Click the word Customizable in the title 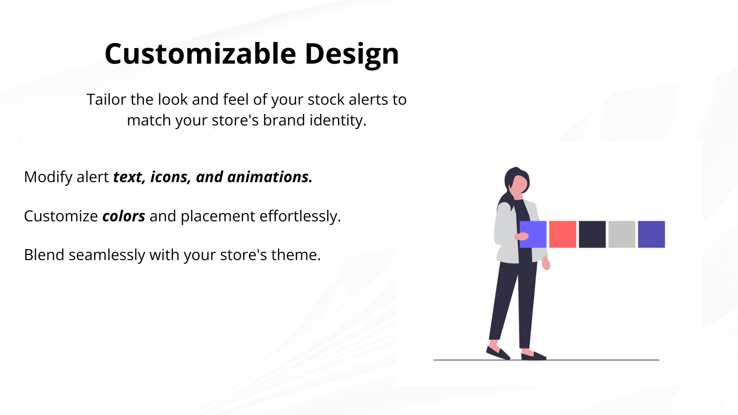pos(200,53)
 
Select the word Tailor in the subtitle pos(107,99)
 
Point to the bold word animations pos(270,177)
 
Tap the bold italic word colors pos(124,216)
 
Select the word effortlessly pos(300,216)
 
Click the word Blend pos(44,255)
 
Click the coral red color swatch pos(562,234)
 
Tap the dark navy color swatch pos(592,234)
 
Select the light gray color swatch pos(622,234)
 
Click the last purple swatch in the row pos(651,234)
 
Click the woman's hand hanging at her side pos(546,263)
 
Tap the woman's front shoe pos(533,356)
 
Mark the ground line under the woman pos(546,360)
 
